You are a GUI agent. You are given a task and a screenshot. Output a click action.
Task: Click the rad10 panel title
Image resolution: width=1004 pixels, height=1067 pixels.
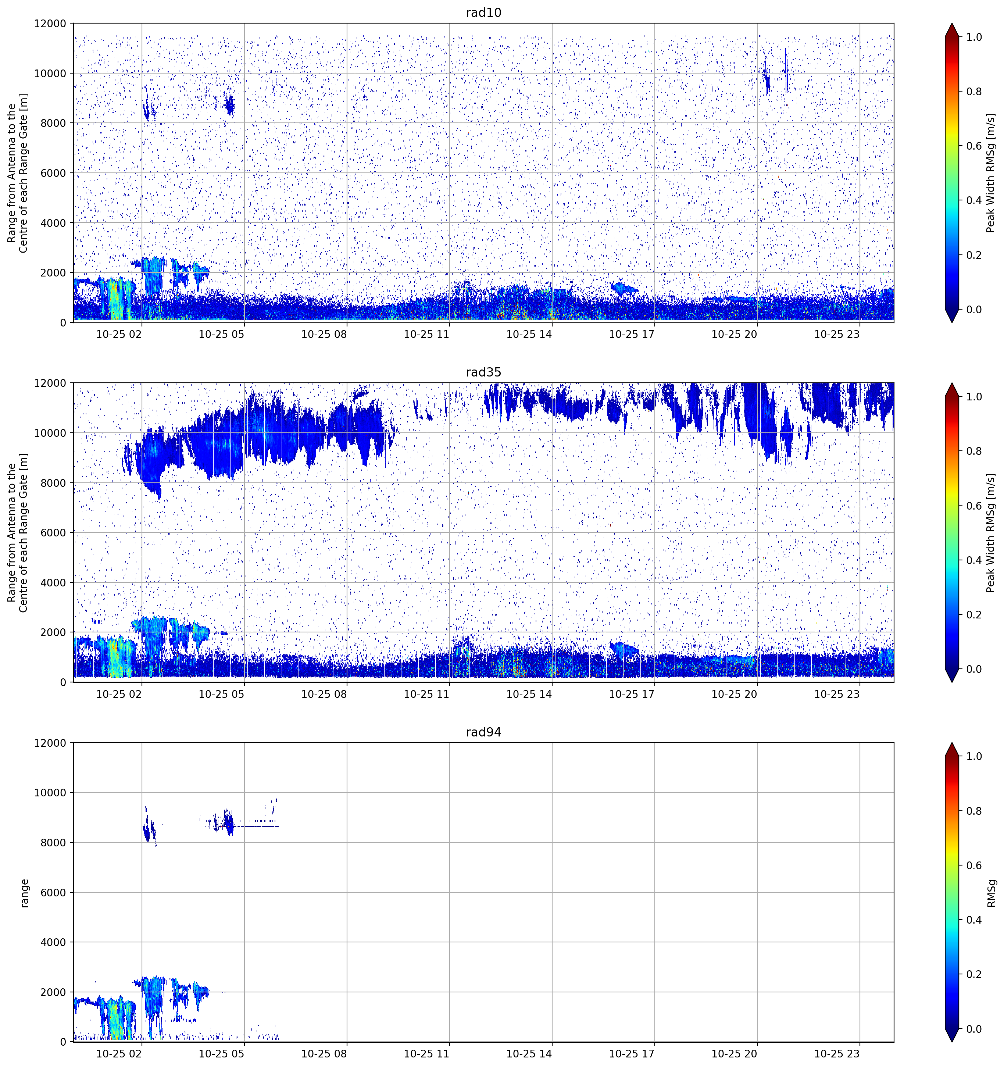[x=483, y=13]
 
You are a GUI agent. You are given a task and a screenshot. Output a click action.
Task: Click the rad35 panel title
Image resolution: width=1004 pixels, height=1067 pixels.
[x=483, y=372]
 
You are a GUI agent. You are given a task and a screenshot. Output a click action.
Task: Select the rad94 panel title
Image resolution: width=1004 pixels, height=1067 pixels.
[x=483, y=732]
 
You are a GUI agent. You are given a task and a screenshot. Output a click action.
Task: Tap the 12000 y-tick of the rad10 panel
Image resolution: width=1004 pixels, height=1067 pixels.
[x=50, y=24]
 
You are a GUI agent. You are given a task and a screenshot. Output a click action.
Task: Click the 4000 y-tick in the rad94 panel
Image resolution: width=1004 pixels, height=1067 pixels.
[x=54, y=942]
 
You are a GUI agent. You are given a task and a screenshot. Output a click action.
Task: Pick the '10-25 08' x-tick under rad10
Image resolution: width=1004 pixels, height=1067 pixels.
[x=324, y=334]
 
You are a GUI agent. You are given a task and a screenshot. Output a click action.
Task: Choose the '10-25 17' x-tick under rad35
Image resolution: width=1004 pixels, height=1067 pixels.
[x=632, y=694]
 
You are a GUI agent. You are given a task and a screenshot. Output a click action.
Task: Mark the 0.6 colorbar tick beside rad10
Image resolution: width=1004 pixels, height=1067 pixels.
[x=974, y=146]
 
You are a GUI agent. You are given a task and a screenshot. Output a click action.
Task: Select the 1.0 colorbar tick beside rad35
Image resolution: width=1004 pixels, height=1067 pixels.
[x=974, y=397]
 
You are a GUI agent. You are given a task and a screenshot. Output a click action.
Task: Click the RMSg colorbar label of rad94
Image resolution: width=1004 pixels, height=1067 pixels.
[x=992, y=893]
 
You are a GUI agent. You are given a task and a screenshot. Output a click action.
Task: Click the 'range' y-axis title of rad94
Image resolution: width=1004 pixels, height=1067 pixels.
[x=24, y=893]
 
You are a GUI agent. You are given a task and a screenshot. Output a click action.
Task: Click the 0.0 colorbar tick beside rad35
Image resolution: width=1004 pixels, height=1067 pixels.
[x=974, y=669]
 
